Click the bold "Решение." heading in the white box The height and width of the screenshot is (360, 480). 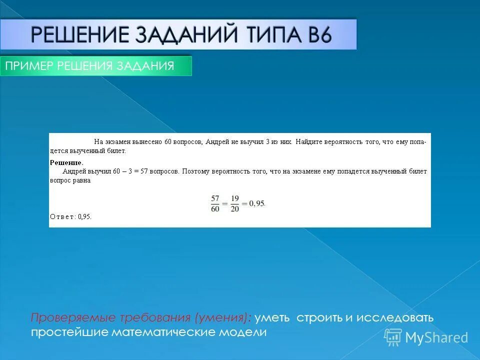(66, 163)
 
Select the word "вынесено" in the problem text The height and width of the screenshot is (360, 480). (148, 142)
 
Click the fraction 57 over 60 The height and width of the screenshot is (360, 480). (215, 203)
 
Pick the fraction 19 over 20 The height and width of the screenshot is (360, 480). (234, 203)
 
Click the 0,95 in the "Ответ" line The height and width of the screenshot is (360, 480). (84, 216)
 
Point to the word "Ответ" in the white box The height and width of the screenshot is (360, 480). (62, 216)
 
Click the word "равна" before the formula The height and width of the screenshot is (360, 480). (82, 180)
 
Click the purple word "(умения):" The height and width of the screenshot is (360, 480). (222, 318)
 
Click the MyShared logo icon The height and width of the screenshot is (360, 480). (393, 337)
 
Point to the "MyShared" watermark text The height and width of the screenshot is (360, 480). (436, 337)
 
